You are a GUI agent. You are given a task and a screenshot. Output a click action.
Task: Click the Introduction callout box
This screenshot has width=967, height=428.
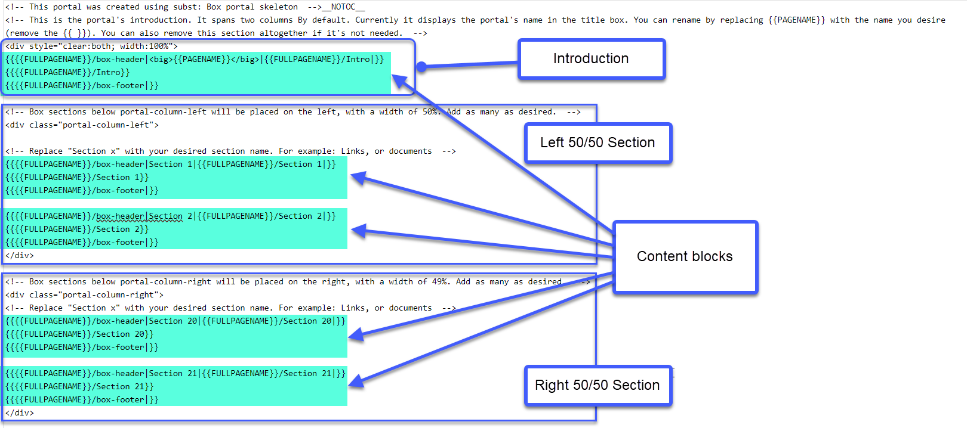pos(592,59)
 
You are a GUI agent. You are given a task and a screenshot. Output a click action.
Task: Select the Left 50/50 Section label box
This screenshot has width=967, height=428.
pos(598,142)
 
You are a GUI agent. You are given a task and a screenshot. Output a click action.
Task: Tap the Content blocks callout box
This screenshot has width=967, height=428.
pos(685,257)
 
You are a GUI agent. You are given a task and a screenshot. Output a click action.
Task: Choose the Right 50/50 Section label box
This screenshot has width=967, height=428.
pos(598,385)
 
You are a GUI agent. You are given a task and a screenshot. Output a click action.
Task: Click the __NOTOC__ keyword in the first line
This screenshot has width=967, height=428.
pos(344,7)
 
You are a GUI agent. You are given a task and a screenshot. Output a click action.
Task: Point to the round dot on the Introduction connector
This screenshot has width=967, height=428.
pos(422,66)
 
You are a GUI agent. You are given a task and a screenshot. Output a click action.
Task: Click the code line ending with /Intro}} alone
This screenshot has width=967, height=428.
pos(67,72)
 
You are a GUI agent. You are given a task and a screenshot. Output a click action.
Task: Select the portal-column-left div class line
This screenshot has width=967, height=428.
pos(82,125)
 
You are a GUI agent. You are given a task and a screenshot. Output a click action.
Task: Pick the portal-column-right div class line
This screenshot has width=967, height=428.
pos(84,295)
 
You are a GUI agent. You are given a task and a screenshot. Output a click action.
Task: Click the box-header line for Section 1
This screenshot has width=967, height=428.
pos(171,164)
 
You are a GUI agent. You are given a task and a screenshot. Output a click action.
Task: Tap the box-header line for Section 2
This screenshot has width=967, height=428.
pos(171,216)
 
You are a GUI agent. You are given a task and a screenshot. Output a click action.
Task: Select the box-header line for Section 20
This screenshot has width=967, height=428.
pos(175,321)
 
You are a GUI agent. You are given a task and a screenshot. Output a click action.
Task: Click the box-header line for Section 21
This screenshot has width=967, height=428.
pos(175,374)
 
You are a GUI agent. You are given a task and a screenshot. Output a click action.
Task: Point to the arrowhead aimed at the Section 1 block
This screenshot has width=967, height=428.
pos(358,178)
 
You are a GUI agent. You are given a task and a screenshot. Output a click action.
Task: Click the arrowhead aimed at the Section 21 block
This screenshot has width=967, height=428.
pos(356,381)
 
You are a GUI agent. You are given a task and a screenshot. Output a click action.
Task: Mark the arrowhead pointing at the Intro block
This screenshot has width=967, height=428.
pos(399,82)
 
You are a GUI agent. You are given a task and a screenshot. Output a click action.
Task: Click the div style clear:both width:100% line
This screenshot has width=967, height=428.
pos(91,46)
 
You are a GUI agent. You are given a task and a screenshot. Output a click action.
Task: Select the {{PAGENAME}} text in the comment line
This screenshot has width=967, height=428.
pos(796,20)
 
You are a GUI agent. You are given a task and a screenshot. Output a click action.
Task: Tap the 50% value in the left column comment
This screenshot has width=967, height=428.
pos(430,112)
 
